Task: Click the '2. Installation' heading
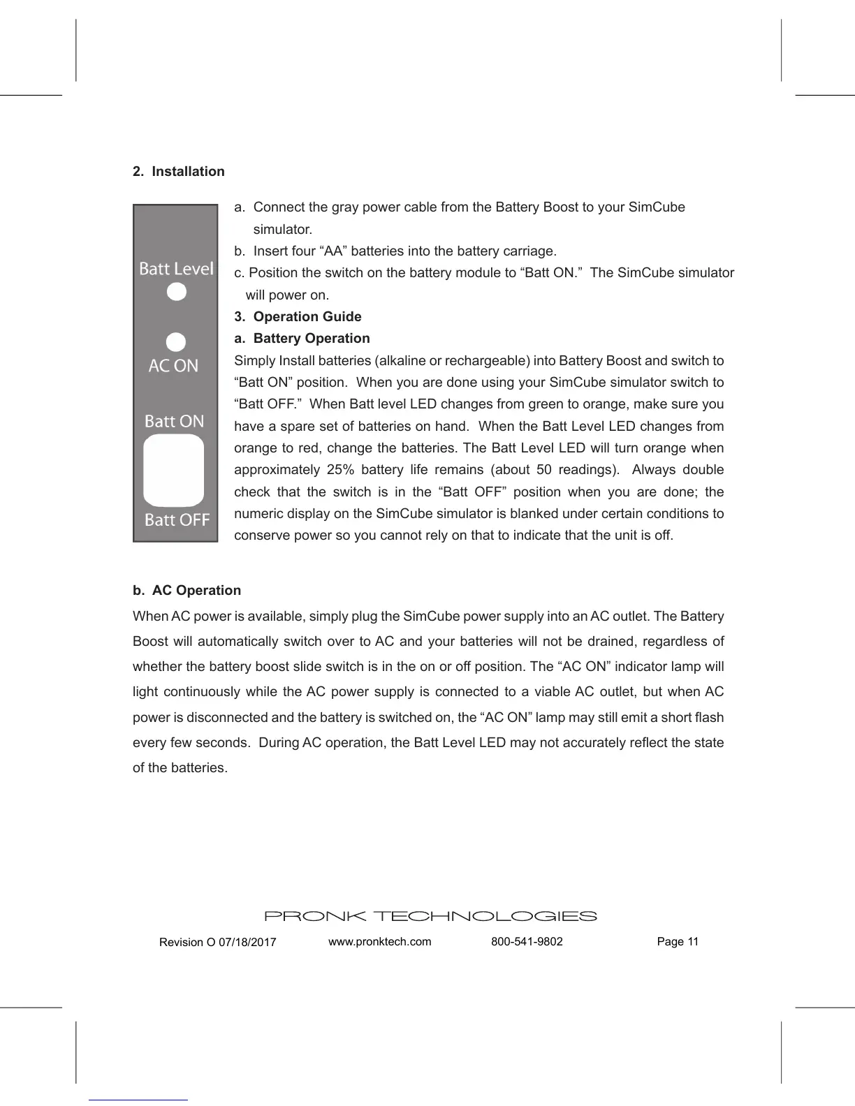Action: click(x=179, y=172)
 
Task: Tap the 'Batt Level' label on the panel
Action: click(x=176, y=269)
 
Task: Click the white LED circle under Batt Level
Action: click(x=177, y=292)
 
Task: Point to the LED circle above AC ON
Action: click(x=176, y=342)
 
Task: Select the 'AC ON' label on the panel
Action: click(x=173, y=366)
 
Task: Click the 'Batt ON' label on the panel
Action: click(x=174, y=421)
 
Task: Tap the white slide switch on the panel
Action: click(x=174, y=471)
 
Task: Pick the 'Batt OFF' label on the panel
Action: click(x=177, y=519)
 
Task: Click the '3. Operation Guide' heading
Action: click(x=298, y=317)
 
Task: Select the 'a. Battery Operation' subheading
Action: click(x=302, y=339)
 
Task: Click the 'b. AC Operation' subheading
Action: click(x=187, y=591)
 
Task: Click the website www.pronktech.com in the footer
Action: click(x=380, y=942)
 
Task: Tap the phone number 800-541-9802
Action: click(x=527, y=942)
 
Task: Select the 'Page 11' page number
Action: click(x=678, y=942)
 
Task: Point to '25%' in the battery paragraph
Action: click(x=339, y=470)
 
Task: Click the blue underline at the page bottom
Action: click(x=138, y=1100)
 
